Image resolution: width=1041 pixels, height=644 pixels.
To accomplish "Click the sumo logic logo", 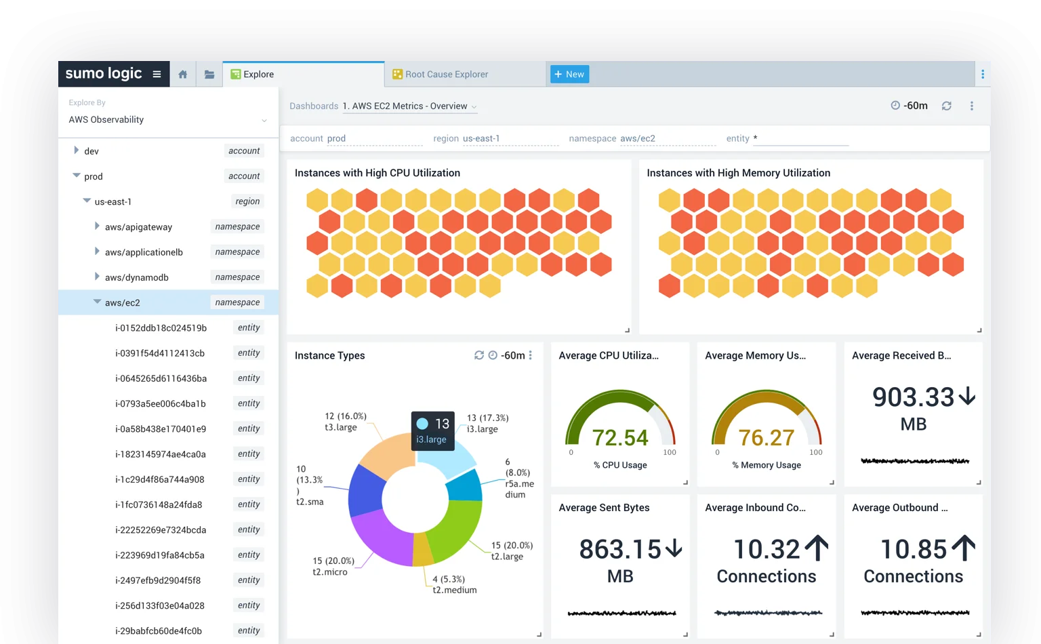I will coord(104,73).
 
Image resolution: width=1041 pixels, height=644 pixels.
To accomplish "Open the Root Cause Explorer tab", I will coord(446,75).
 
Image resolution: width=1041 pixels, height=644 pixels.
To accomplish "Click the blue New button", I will coord(569,75).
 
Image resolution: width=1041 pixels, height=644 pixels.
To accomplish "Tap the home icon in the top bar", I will coord(182,75).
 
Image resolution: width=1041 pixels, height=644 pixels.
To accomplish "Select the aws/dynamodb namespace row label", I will coord(136,277).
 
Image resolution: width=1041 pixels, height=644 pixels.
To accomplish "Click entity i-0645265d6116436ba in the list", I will coord(161,378).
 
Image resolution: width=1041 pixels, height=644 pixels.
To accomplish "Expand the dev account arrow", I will coord(76,150).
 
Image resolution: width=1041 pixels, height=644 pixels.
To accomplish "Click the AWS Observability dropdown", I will coord(167,120).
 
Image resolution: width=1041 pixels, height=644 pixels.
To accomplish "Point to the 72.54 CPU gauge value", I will coord(620,438).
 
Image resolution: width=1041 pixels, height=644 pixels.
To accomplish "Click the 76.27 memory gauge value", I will coord(766,438).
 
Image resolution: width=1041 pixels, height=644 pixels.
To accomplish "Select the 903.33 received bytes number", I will coord(913,397).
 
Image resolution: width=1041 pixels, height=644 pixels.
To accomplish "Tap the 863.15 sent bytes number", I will coord(619,549).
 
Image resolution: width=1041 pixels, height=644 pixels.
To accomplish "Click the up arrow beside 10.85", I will coord(963,548).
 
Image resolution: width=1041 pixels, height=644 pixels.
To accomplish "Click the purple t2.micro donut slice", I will coord(380,536).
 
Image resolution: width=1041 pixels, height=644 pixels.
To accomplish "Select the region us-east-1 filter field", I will coord(510,138).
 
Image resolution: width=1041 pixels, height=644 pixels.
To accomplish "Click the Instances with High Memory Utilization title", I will coord(738,173).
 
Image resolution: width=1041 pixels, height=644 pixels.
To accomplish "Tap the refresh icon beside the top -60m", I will coord(947,106).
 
